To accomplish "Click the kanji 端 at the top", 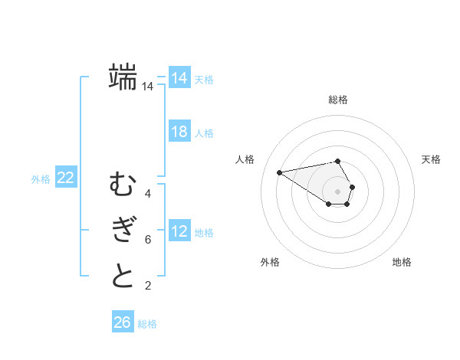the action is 123,77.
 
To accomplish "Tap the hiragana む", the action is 123,185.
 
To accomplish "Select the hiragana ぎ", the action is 123,230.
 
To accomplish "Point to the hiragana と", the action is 123,276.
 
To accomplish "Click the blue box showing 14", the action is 179,78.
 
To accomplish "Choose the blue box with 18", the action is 179,132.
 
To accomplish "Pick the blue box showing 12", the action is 179,231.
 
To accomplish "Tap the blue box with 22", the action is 65,178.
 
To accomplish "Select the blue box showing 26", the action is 122,322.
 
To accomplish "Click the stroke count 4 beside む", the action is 147,194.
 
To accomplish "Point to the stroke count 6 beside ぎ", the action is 147,240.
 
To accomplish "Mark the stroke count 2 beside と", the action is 147,286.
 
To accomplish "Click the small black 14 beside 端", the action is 147,87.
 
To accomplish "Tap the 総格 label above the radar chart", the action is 338,100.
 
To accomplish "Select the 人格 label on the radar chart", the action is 245,159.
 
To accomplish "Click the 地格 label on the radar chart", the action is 402,262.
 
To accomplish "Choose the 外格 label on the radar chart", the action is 270,262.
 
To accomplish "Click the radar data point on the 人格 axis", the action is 279,172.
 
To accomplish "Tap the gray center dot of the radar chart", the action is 337,191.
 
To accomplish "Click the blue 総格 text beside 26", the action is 147,324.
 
